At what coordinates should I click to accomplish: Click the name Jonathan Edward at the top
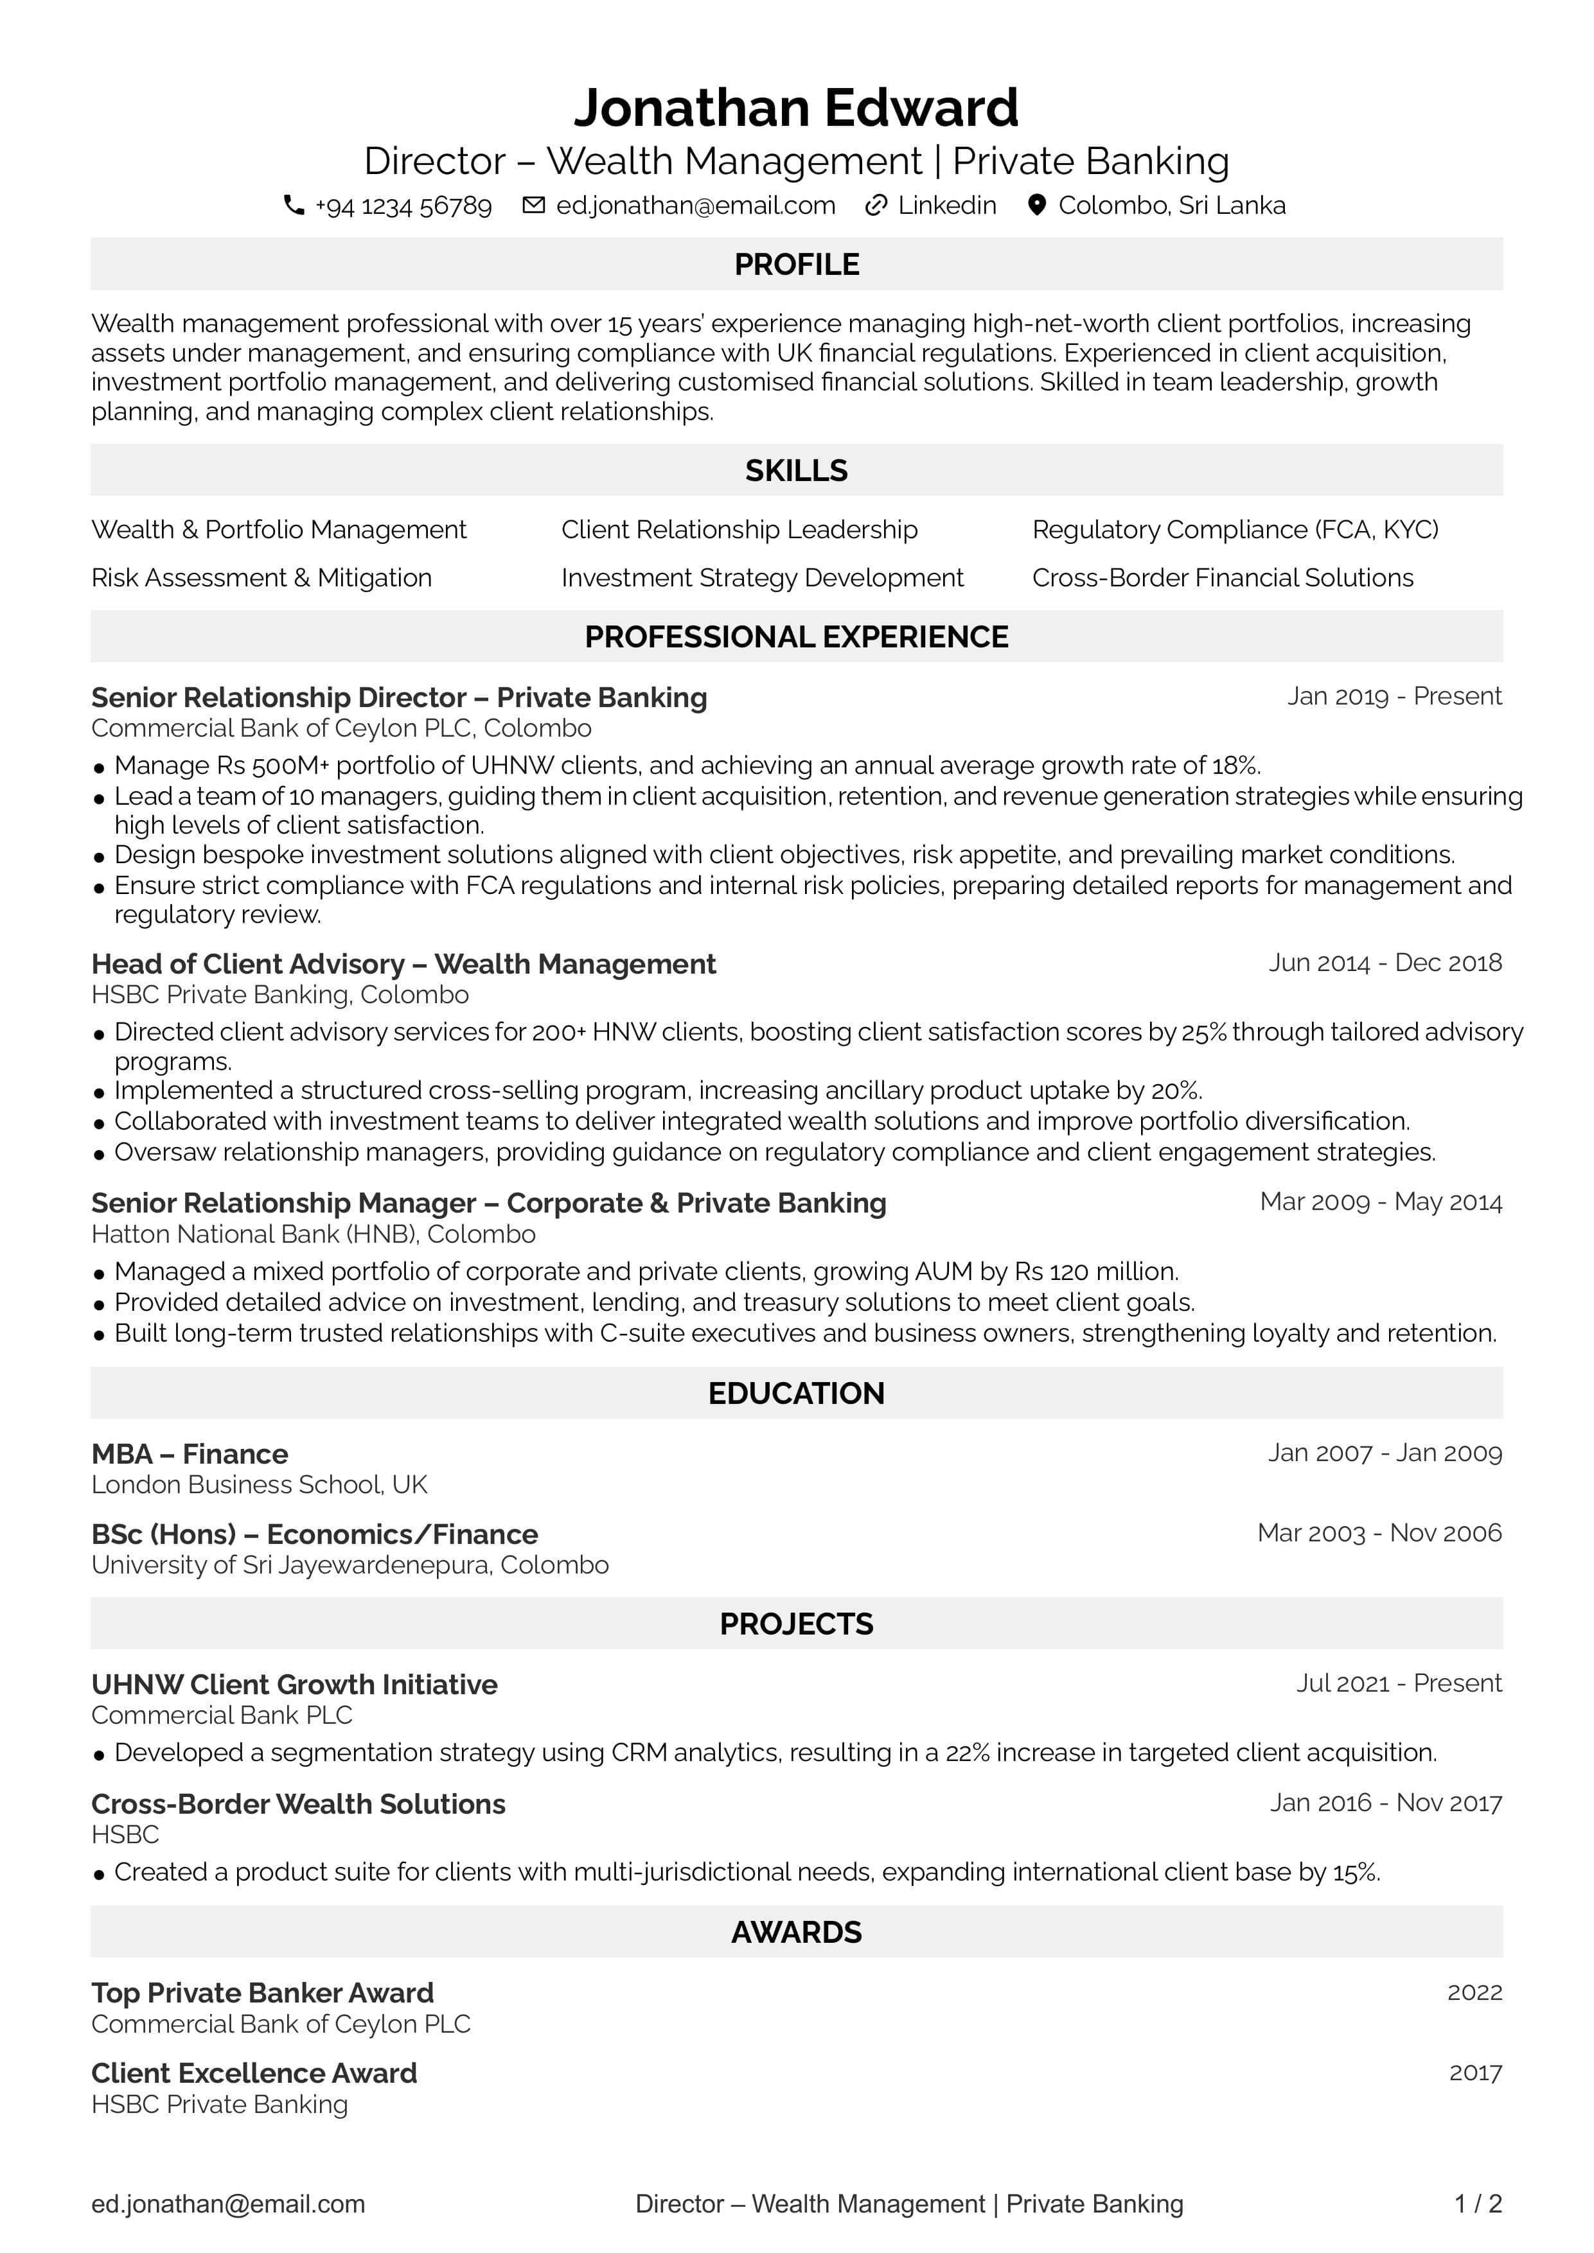click(796, 108)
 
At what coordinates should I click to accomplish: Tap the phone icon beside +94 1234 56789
click(294, 205)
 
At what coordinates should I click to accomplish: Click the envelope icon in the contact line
click(533, 205)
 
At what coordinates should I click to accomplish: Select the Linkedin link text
click(946, 205)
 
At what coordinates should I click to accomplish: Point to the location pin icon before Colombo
click(1036, 205)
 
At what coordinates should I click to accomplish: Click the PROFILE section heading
click(796, 264)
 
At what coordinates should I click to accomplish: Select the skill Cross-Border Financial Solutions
click(1222, 578)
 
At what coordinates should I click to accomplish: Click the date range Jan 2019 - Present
click(1394, 697)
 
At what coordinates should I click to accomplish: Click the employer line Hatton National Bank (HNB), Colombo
click(313, 1234)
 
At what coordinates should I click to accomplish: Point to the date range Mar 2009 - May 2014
click(1380, 1202)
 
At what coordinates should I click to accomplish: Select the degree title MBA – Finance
click(190, 1453)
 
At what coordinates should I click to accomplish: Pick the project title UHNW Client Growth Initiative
click(294, 1684)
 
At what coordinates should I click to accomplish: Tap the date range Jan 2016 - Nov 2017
click(1385, 1803)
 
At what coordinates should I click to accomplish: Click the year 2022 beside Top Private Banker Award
click(1474, 1992)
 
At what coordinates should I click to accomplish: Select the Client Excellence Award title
click(254, 2073)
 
